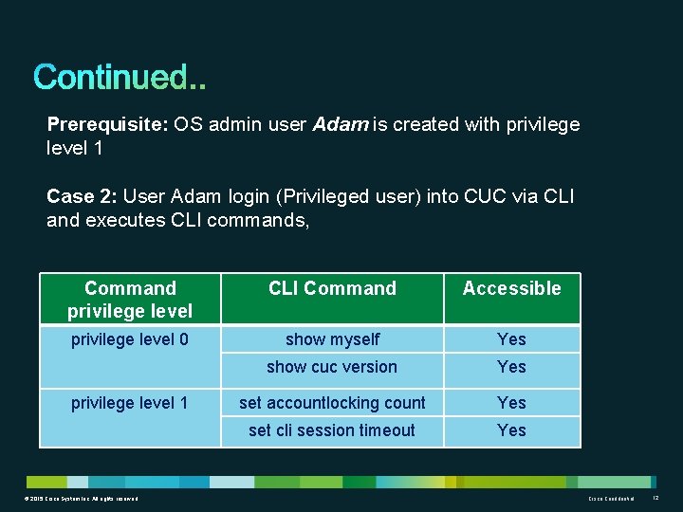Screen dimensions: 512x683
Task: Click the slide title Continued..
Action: pyautogui.click(x=120, y=77)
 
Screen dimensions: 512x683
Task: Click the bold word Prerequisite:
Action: pyautogui.click(x=106, y=125)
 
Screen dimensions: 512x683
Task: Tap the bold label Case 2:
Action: pyautogui.click(x=83, y=196)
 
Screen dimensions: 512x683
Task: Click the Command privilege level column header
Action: pyautogui.click(x=130, y=300)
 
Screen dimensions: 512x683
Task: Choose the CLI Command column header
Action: pyautogui.click(x=332, y=288)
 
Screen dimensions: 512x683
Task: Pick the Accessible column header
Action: pyautogui.click(x=511, y=288)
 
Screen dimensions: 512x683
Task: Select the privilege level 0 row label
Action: pyautogui.click(x=130, y=339)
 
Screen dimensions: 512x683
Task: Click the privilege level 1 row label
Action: pyautogui.click(x=130, y=403)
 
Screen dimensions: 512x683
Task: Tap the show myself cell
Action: pyautogui.click(x=332, y=339)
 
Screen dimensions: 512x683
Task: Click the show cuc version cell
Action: pyautogui.click(x=332, y=367)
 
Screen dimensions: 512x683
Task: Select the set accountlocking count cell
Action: pyautogui.click(x=332, y=403)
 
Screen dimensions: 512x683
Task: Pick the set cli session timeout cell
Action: pyautogui.click(x=332, y=430)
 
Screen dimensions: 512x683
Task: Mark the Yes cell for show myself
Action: pyautogui.click(x=511, y=339)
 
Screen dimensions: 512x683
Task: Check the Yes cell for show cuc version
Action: pyautogui.click(x=511, y=367)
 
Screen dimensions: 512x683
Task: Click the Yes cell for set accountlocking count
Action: pyautogui.click(x=511, y=403)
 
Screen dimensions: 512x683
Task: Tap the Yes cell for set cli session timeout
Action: pyautogui.click(x=511, y=430)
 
